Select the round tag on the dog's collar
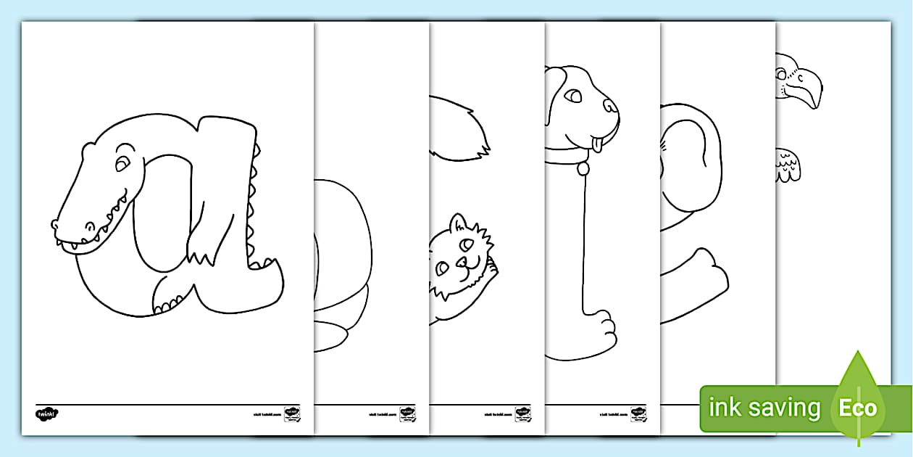tap(582, 170)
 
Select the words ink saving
tap(764, 408)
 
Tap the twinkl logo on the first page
tap(46, 413)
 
